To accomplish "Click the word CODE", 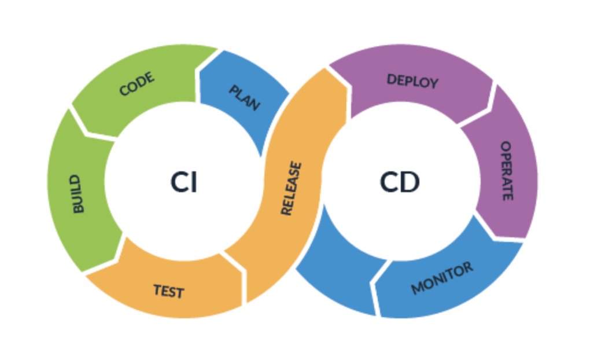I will [x=137, y=85].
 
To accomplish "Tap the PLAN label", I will [x=244, y=98].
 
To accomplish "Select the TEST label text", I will [x=168, y=291].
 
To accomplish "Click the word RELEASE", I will [x=291, y=189].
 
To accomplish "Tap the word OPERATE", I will [x=506, y=171].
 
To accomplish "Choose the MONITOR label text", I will [x=442, y=278].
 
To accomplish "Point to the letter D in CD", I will [x=410, y=183].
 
